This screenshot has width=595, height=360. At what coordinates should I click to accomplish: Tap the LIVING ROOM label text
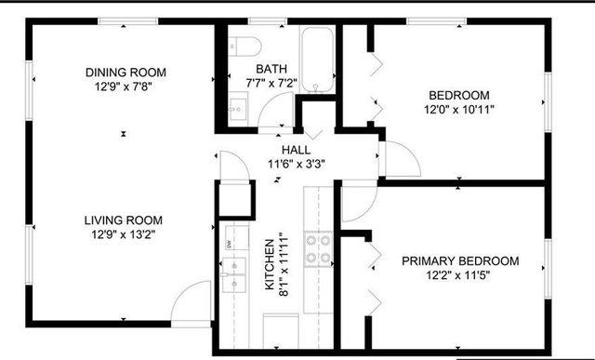coord(124,220)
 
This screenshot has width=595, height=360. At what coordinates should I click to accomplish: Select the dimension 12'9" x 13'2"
coord(124,235)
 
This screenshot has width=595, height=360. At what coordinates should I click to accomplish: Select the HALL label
coord(297,150)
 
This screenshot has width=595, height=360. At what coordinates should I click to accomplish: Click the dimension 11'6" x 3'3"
coord(297,164)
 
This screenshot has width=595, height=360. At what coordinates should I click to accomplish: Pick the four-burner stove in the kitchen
coord(320,248)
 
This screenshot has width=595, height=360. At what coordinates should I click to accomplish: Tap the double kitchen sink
coord(231,271)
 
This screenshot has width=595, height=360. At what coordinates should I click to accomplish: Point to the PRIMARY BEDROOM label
coord(459,261)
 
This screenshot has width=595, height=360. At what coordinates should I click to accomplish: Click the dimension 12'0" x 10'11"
coord(459,110)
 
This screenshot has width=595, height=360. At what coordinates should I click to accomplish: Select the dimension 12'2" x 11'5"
coord(459,276)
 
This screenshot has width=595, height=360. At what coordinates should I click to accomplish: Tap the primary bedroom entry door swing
coord(358,205)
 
